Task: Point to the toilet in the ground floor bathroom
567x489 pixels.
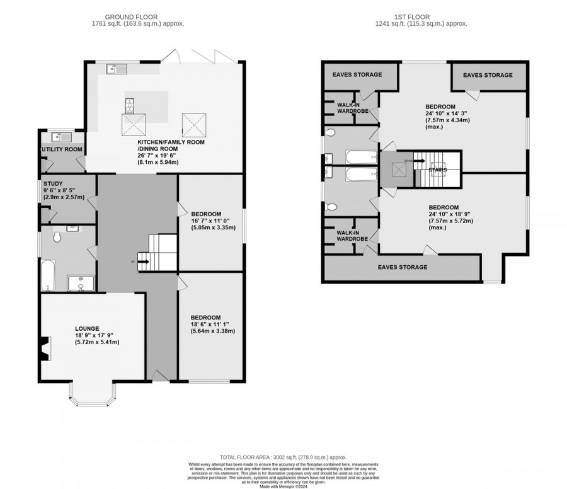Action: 57,238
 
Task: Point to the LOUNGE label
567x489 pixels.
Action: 86,328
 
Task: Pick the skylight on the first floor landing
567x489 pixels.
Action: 396,168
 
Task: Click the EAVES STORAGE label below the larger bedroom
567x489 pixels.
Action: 402,267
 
